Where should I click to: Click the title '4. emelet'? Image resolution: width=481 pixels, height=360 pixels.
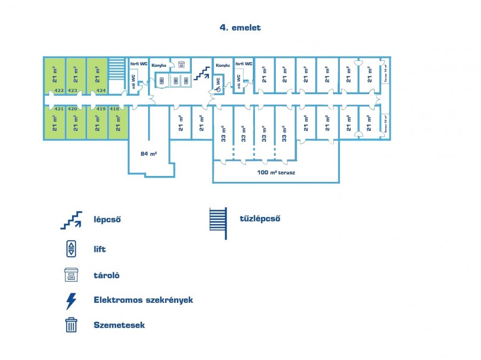240,27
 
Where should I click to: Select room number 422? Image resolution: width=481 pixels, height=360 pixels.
59,90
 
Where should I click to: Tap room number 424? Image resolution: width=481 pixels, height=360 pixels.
101,90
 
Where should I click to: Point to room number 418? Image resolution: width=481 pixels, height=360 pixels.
114,109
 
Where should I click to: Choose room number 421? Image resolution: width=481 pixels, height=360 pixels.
59,109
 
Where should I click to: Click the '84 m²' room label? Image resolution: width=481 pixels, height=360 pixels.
149,154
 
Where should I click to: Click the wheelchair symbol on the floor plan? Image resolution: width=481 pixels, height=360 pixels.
218,88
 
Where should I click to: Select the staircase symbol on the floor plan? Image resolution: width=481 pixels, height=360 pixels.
201,73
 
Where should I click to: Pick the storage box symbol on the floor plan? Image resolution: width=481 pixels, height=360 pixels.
181,65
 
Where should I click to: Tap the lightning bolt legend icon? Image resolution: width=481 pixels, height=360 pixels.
71,301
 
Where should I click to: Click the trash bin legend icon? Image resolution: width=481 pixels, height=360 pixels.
71,325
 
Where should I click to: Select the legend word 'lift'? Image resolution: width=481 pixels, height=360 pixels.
99,249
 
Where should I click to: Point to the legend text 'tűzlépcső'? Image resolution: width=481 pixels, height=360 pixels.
260,218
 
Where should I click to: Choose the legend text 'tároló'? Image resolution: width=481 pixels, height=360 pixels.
106,275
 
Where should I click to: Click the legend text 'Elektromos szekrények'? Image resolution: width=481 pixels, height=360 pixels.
143,300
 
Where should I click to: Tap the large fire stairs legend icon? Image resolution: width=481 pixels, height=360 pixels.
218,223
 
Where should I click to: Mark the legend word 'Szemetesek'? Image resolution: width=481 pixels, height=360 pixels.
119,325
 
